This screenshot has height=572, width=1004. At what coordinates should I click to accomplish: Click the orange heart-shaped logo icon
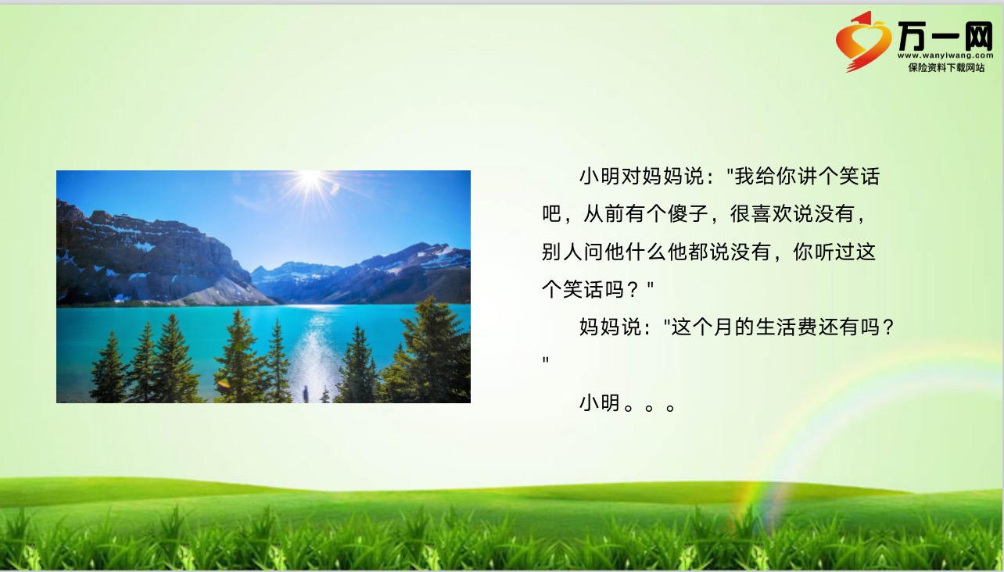(x=862, y=41)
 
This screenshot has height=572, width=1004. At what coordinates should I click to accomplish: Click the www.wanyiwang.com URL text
(x=945, y=55)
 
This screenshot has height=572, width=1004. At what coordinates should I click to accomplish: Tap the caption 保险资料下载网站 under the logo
(x=946, y=68)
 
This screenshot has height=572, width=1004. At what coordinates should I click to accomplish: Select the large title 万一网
(x=945, y=35)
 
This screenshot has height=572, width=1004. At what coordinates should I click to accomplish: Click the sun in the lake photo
(x=310, y=179)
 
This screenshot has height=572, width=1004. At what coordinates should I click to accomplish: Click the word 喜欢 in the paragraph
(x=772, y=213)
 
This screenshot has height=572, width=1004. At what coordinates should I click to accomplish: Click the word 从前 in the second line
(x=604, y=213)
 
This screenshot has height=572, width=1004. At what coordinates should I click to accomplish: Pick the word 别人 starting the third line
(x=562, y=252)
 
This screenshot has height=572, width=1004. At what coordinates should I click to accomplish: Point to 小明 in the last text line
(x=600, y=403)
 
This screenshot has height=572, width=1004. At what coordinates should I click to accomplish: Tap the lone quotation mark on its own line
(x=546, y=359)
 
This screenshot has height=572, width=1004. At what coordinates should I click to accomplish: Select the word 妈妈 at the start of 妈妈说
(x=600, y=327)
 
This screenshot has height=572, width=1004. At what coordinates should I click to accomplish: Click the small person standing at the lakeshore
(x=306, y=394)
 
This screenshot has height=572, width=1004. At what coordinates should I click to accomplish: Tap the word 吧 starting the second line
(x=552, y=213)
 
